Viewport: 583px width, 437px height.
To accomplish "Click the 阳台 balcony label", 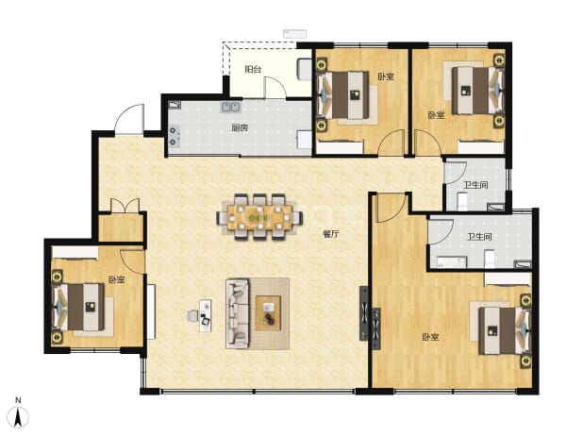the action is click(x=253, y=69).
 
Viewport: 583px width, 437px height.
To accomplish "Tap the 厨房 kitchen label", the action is click(x=240, y=128).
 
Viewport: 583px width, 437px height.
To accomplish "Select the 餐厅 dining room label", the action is click(x=331, y=234).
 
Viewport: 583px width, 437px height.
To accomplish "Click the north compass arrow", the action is click(x=18, y=417).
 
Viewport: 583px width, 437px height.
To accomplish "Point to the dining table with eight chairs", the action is click(x=259, y=217).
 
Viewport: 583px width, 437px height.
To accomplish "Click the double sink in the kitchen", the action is click(x=230, y=108).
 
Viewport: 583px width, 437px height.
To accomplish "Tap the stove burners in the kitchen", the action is click(x=174, y=136).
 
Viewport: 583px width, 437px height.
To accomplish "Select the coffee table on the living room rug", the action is click(x=268, y=312).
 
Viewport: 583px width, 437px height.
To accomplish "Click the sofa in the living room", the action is click(x=237, y=313).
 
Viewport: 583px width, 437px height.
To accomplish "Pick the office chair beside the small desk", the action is click(x=192, y=316).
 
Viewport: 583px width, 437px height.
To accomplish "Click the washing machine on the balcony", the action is click(x=304, y=70).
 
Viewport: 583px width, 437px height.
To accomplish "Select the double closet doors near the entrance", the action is click(x=125, y=206).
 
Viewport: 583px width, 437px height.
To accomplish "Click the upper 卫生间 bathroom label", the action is click(x=475, y=185).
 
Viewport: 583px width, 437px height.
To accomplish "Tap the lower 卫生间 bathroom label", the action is click(x=479, y=237).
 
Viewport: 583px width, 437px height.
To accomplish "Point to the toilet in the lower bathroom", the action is click(x=490, y=259).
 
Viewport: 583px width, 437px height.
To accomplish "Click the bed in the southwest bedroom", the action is click(x=79, y=307).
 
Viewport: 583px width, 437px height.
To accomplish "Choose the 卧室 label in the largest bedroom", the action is click(x=430, y=337).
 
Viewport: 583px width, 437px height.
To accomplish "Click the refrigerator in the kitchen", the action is click(x=304, y=140).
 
